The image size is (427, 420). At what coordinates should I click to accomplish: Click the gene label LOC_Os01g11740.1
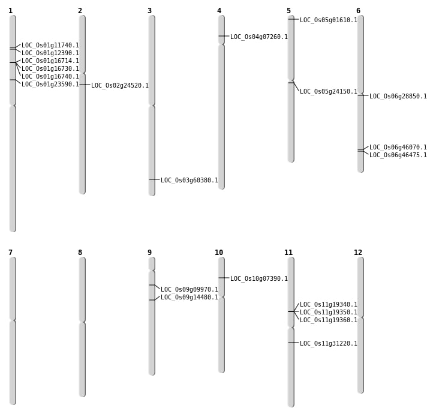pyautogui.click(x=50, y=46)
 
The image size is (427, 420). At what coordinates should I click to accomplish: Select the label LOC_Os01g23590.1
pyautogui.click(x=50, y=85)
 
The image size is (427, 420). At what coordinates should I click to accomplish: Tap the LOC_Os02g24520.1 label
pyautogui.click(x=120, y=86)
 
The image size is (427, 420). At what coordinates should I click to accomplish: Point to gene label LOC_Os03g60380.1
pyautogui.click(x=190, y=181)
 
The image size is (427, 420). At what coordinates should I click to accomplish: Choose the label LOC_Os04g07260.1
pyautogui.click(x=259, y=37)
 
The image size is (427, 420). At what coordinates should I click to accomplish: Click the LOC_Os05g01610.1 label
pyautogui.click(x=329, y=20)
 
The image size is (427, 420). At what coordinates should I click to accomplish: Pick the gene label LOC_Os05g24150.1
pyautogui.click(x=329, y=92)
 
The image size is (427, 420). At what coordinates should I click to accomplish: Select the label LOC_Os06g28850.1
pyautogui.click(x=398, y=97)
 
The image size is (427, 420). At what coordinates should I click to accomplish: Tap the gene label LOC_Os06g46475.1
pyautogui.click(x=398, y=155)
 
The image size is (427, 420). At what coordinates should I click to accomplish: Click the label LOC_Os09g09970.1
pyautogui.click(x=190, y=290)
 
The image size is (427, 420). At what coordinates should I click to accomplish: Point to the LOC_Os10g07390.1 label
pyautogui.click(x=259, y=279)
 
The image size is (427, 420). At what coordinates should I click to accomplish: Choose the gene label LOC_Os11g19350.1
pyautogui.click(x=329, y=313)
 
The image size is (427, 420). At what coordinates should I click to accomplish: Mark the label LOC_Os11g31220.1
pyautogui.click(x=329, y=344)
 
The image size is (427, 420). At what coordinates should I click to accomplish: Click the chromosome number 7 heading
pyautogui.click(x=10, y=253)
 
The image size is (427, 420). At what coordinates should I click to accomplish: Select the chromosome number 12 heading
pyautogui.click(x=358, y=253)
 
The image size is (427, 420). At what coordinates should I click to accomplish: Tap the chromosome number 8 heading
pyautogui.click(x=80, y=253)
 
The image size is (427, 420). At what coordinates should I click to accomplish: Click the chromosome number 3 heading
pyautogui.click(x=149, y=11)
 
